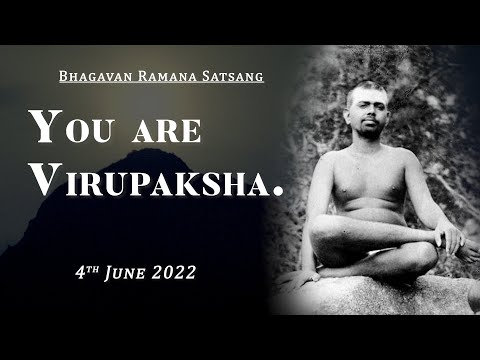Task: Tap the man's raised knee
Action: pos(330,232)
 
